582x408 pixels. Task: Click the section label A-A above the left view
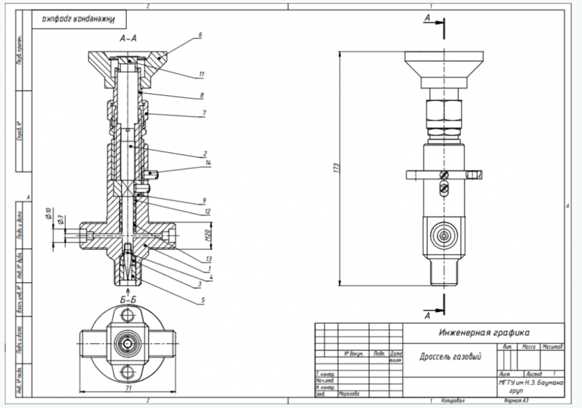(x=127, y=38)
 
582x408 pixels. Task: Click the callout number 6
(x=200, y=35)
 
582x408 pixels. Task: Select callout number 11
(x=201, y=74)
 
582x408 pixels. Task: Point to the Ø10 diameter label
(x=49, y=210)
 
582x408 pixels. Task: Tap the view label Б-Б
(x=128, y=300)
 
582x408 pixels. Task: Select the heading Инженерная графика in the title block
(x=484, y=333)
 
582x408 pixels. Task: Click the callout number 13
(x=208, y=258)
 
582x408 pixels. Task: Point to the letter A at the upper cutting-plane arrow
(x=428, y=18)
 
